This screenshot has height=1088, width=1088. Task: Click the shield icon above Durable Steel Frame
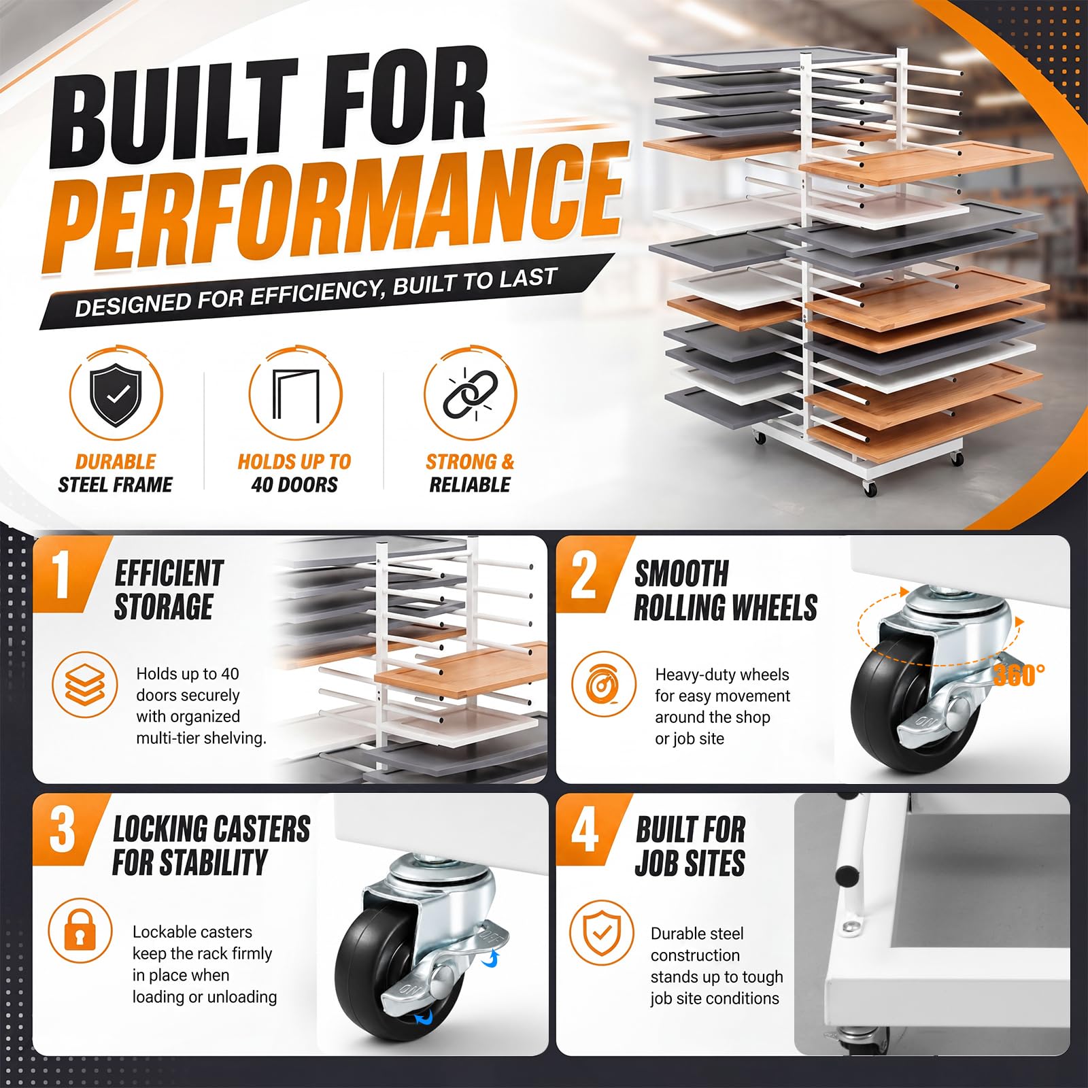coord(116,394)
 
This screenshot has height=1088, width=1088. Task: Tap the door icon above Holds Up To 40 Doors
coord(295,395)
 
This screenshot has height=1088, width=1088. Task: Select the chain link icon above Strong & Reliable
coord(470,394)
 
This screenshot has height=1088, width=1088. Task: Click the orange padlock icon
coord(80,930)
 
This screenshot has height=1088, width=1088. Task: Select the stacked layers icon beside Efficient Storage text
coord(85,684)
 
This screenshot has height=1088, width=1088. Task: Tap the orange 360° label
coord(1019,675)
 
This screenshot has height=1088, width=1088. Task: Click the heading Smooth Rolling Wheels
coord(726,590)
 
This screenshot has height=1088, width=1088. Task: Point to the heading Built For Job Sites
coord(690,846)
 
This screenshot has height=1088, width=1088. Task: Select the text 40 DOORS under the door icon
coord(294,485)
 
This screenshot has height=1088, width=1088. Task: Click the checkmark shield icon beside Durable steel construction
coord(601,932)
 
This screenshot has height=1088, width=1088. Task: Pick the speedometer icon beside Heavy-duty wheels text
coord(602,685)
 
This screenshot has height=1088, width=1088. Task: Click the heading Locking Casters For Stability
coord(211,846)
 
